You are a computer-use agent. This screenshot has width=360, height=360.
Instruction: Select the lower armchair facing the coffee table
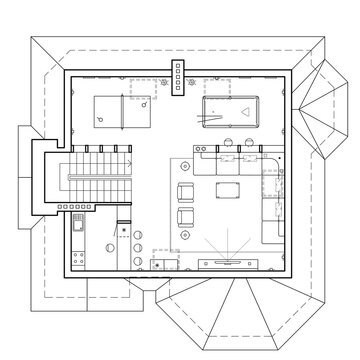pyautogui.click(x=186, y=218)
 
